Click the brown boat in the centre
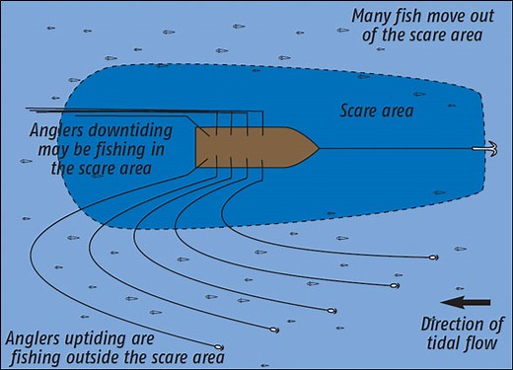click(252, 146)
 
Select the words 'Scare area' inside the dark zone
click(377, 111)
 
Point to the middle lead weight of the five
click(332, 310)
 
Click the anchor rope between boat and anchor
click(395, 148)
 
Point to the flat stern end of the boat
click(197, 146)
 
